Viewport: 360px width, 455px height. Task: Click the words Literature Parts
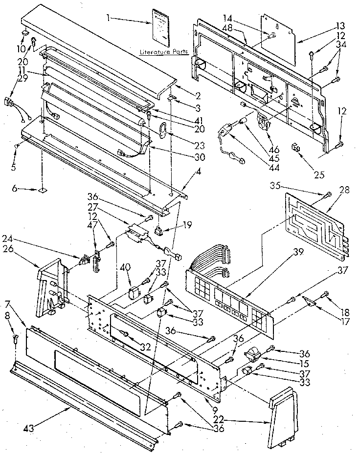pyautogui.click(x=160, y=51)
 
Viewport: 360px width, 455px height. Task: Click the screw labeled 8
pyautogui.click(x=15, y=336)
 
